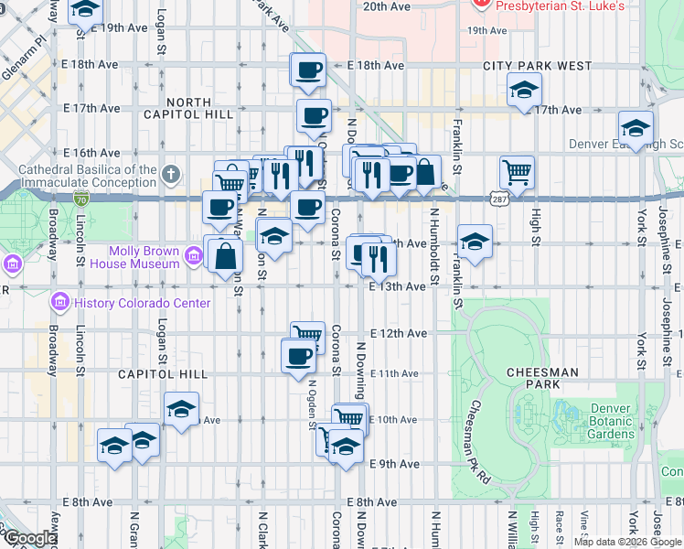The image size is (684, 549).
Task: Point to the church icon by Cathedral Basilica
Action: point(171,174)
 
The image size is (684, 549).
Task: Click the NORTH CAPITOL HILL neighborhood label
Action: point(188,108)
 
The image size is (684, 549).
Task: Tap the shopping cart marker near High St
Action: point(518,172)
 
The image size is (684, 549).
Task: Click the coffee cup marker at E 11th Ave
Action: point(297,355)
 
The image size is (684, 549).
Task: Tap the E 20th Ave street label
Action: point(387,6)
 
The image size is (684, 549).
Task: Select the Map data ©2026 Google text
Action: point(627,542)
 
